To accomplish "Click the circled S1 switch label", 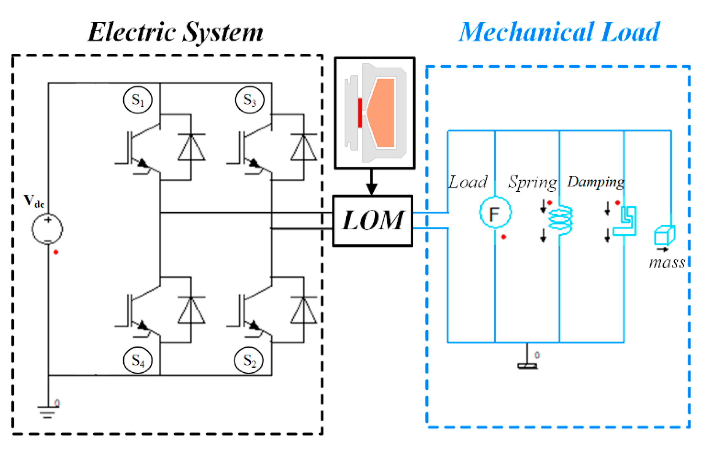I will point(138,100).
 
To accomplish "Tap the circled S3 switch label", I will point(249,100).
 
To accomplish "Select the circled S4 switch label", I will point(138,360).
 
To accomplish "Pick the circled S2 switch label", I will point(249,360).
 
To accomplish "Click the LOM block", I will point(372,221).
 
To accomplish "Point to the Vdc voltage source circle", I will point(47,229).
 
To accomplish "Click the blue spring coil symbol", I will point(560,219).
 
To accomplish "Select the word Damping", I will point(596,182).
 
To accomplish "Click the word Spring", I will point(532,182).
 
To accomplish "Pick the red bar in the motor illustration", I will point(360,112).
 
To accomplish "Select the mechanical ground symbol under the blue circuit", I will point(527,365).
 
